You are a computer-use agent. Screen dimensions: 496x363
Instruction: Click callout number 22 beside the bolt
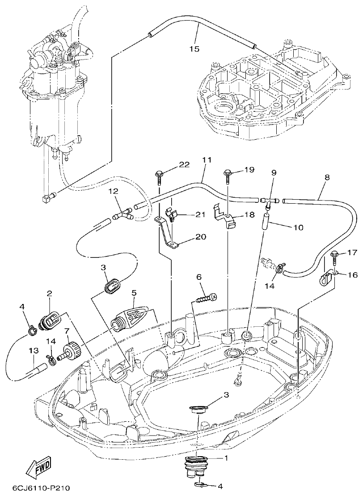point(185,165)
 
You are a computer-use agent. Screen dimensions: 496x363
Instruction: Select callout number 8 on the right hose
point(327,177)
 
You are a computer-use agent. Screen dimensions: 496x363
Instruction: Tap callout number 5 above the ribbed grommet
point(134,293)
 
